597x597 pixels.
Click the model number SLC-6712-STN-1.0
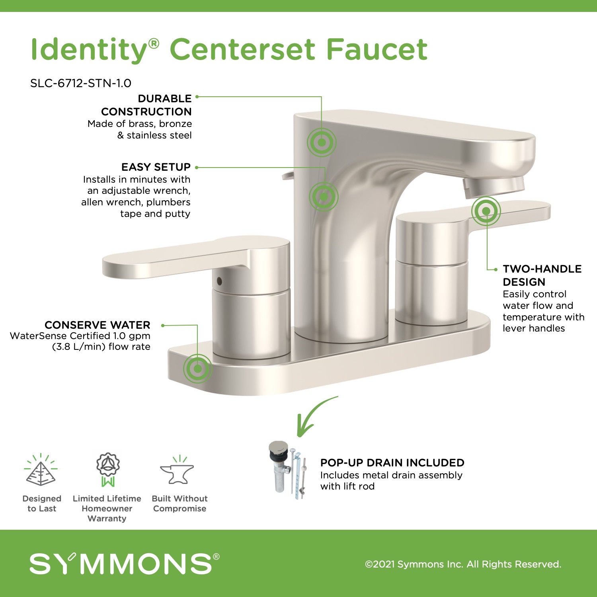81,83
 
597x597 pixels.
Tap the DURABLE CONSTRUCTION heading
146,105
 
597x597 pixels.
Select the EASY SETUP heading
156,167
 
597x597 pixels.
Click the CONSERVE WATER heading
98,325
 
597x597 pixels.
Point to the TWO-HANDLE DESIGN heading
542,275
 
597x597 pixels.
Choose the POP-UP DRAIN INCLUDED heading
392,462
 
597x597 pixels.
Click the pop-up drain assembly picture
289,470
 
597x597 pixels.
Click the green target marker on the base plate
198,369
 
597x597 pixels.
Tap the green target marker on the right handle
486,211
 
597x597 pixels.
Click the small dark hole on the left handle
219,281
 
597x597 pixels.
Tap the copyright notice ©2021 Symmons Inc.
463,564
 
